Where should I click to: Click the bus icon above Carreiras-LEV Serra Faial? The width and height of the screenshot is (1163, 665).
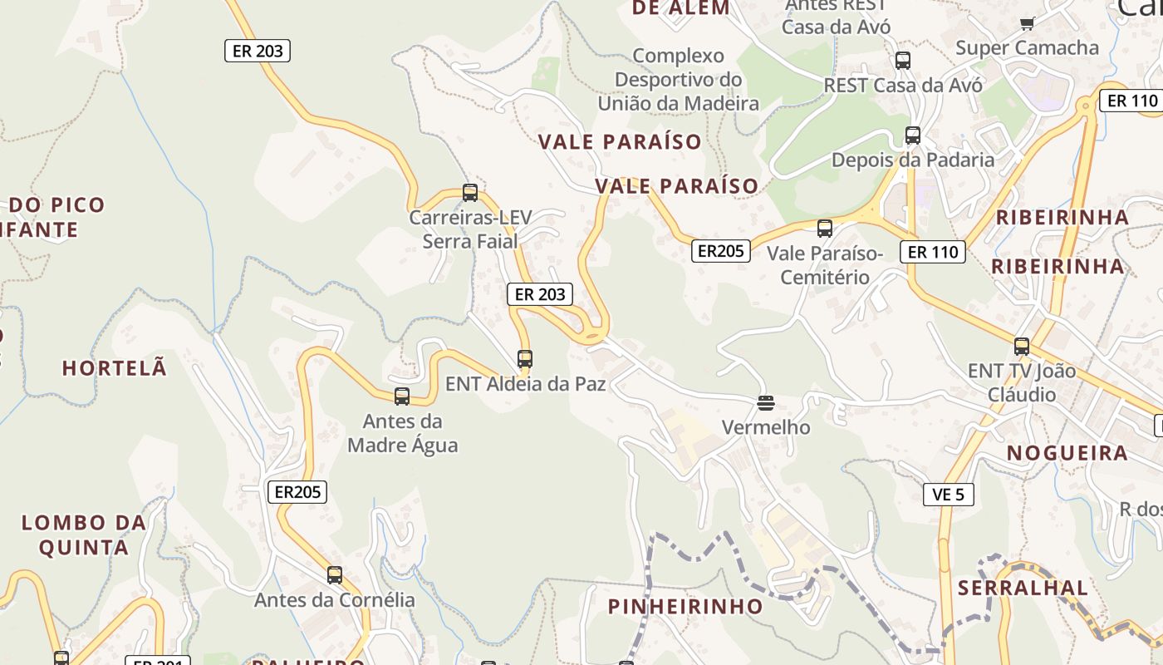[x=470, y=193]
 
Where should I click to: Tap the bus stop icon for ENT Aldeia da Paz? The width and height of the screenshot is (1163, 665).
[x=525, y=359]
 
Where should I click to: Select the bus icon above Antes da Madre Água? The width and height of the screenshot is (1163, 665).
[x=402, y=397]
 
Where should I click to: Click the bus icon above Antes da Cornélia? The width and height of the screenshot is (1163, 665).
[x=335, y=574]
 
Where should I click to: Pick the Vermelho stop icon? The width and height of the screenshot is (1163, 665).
[x=766, y=403]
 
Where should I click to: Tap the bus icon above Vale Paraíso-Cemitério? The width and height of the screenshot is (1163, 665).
[x=825, y=228]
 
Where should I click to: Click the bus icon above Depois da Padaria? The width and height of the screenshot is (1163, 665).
[x=913, y=135]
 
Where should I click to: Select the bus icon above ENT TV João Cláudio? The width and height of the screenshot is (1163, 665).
[x=1022, y=347]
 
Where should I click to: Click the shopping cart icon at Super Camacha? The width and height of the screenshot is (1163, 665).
[x=1028, y=23]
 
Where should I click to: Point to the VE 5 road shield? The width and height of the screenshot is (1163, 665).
[x=949, y=495]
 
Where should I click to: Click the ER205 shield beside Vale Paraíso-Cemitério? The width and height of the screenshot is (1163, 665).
[x=720, y=251]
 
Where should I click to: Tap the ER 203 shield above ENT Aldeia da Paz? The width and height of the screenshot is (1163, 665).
[x=540, y=294]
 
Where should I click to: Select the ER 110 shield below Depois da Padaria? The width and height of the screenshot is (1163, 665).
[x=933, y=252]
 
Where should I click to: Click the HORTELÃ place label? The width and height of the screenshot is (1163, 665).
[x=115, y=368]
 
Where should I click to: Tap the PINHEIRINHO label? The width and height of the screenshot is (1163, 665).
[x=685, y=606]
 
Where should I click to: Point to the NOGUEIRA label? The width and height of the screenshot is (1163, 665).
[x=1067, y=453]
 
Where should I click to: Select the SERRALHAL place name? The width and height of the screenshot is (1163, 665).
[x=1023, y=589]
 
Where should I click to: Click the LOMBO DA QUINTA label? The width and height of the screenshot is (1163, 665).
[x=84, y=535]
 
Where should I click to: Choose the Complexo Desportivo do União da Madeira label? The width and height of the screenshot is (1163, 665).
[x=679, y=80]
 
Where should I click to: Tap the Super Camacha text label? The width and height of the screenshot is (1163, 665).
[x=1027, y=47]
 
